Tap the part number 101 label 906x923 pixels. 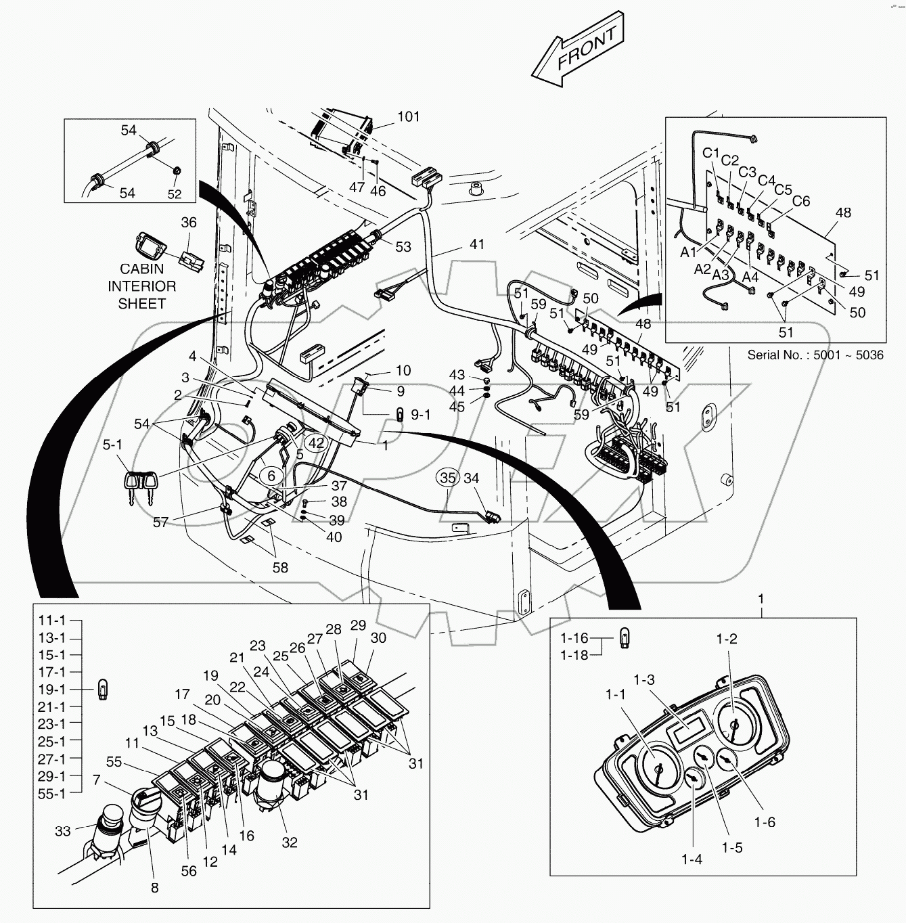pyautogui.click(x=408, y=116)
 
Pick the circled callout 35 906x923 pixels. pyautogui.click(x=447, y=478)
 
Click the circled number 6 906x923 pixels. pyautogui.click(x=271, y=476)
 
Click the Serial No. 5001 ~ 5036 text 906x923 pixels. pyautogui.click(x=815, y=355)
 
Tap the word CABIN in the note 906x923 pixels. pyautogui.click(x=141, y=269)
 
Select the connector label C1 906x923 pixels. pyautogui.click(x=710, y=153)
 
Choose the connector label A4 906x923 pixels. pyautogui.click(x=750, y=277)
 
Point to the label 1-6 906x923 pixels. pyautogui.click(x=765, y=822)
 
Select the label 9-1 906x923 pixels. pyautogui.click(x=420, y=414)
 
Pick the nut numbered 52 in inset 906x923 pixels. pyautogui.click(x=175, y=172)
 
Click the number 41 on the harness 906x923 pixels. pyautogui.click(x=477, y=244)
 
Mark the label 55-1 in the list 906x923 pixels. pyautogui.click(x=51, y=794)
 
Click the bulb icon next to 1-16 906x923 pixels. pyautogui.click(x=625, y=639)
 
